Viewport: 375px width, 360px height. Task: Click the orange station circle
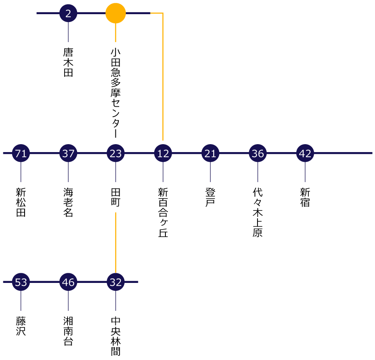(x=115, y=13)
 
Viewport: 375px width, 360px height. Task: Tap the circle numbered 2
(x=68, y=13)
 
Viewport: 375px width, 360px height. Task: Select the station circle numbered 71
(x=21, y=153)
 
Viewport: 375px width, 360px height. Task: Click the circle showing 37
(x=68, y=153)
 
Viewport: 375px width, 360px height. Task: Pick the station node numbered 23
(x=115, y=153)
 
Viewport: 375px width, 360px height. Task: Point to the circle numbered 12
(x=163, y=153)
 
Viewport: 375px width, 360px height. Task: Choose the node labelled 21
(x=210, y=153)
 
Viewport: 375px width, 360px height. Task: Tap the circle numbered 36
(x=257, y=153)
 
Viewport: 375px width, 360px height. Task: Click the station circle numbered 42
(x=305, y=153)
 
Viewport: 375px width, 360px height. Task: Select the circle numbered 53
(x=21, y=282)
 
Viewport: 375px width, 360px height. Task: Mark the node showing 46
(x=68, y=282)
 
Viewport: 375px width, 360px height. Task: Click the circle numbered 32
(x=115, y=282)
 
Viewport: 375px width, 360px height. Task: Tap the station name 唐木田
(x=68, y=62)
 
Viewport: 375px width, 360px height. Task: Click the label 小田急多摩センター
(x=115, y=93)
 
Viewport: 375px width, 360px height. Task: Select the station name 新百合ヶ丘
(x=163, y=212)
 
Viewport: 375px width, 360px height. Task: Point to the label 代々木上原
(x=257, y=212)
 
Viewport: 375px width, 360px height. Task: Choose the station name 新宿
(x=305, y=197)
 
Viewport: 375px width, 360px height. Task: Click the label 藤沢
(x=21, y=326)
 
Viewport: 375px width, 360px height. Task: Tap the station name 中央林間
(x=115, y=336)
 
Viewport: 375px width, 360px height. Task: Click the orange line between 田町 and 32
(x=115, y=243)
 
